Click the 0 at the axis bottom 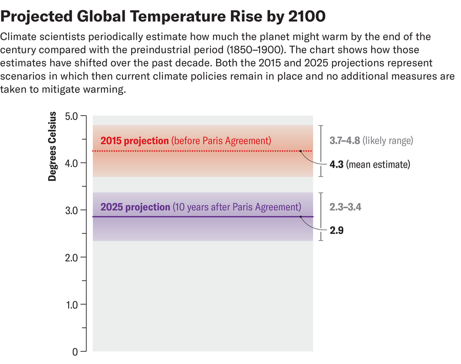coord(75,352)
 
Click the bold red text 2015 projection coord(134,140)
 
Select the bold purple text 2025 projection coord(135,207)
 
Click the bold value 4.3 coord(336,165)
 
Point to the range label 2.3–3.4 coord(345,207)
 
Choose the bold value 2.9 coord(336,231)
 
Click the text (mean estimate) coord(379,165)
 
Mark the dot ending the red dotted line coord(301,151)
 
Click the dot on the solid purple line coord(301,217)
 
